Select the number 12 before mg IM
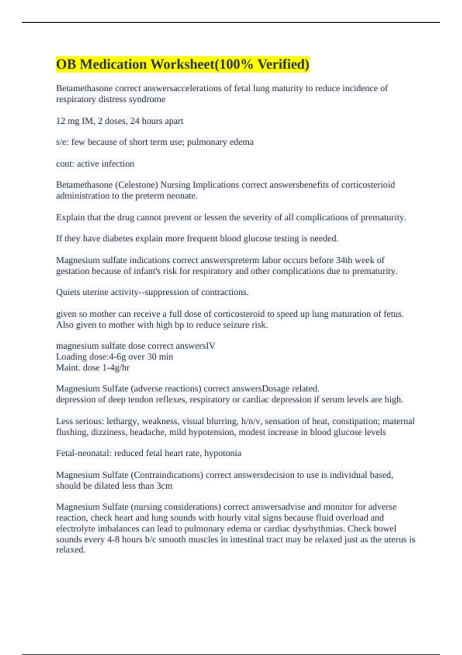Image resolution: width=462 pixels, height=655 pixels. click(x=60, y=121)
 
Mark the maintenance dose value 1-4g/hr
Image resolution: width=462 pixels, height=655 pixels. click(x=116, y=368)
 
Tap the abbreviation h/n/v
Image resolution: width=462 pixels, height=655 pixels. click(x=251, y=421)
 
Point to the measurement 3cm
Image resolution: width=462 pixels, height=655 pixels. click(x=164, y=486)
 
